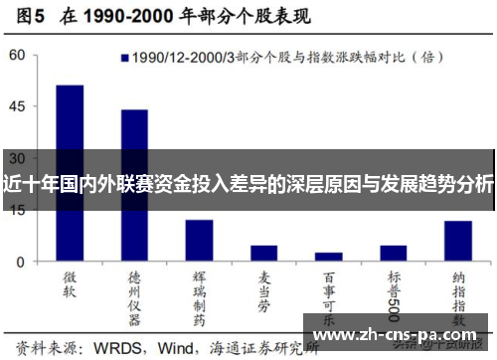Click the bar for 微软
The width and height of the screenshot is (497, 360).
click(x=70, y=173)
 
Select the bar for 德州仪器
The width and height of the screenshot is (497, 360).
click(x=134, y=185)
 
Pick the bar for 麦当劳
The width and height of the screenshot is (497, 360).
click(x=263, y=253)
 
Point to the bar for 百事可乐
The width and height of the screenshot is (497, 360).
click(x=328, y=257)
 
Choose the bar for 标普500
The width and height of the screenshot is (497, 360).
click(x=393, y=253)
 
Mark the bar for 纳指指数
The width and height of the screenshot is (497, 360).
click(x=457, y=241)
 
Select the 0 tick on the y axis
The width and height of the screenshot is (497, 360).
click(x=21, y=262)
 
